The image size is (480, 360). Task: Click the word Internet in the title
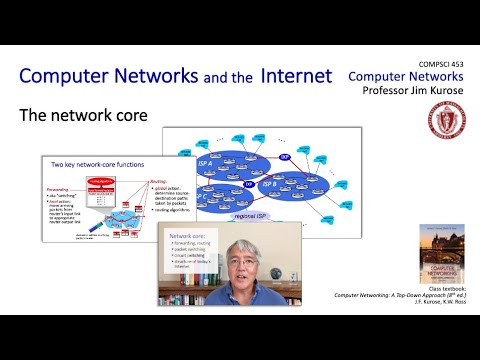[x=297, y=76]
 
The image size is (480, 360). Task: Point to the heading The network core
[x=83, y=116]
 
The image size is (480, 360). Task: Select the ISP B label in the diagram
[x=271, y=184]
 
